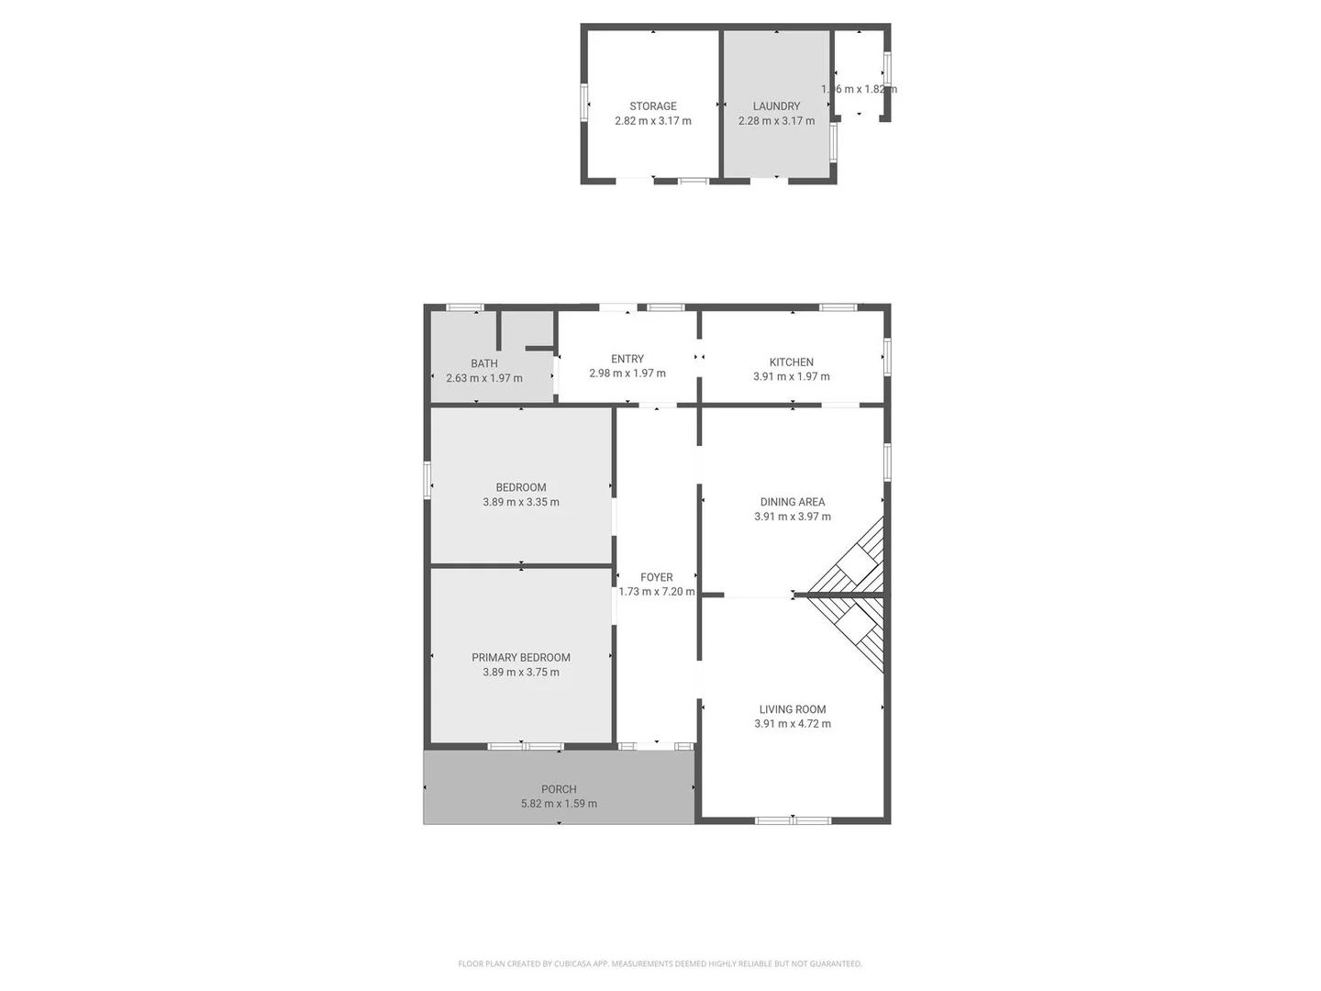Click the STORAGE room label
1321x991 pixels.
652,106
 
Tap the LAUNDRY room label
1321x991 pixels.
776,106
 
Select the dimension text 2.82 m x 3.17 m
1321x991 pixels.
652,121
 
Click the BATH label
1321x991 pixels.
483,363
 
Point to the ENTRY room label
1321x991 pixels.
627,359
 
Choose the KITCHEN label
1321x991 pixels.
791,362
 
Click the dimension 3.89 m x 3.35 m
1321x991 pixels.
520,502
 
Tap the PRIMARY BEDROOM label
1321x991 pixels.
520,657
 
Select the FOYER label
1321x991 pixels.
656,577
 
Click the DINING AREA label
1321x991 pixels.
792,502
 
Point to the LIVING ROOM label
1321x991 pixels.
792,709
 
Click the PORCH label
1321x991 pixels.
559,789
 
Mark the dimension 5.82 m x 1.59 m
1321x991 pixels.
559,804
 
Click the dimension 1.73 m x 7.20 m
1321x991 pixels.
656,592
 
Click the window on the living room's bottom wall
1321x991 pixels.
792,819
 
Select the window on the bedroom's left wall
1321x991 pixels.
427,480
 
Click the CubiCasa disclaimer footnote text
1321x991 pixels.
660,963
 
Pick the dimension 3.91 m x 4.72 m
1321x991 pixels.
792,724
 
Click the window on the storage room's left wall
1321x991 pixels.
584,103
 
